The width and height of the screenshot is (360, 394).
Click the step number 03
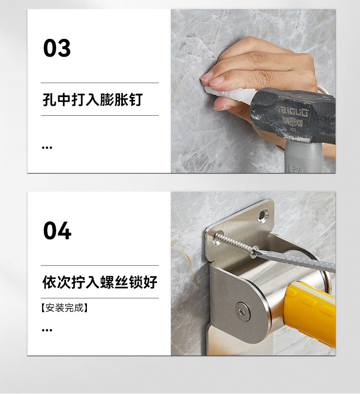tap(57, 48)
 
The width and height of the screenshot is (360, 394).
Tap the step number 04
tap(57, 231)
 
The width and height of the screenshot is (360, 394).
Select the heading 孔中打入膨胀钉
tap(92, 99)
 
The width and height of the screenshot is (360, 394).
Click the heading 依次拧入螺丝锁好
tap(99, 282)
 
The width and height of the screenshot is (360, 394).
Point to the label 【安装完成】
tap(64, 308)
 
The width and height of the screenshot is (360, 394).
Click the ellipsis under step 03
tap(47, 148)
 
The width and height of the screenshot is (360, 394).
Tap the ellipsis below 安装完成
tap(47, 330)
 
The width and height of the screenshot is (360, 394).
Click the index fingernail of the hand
tap(207, 75)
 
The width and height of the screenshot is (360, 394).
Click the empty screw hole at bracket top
tap(264, 214)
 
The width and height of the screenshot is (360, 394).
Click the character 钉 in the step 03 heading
tap(136, 99)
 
